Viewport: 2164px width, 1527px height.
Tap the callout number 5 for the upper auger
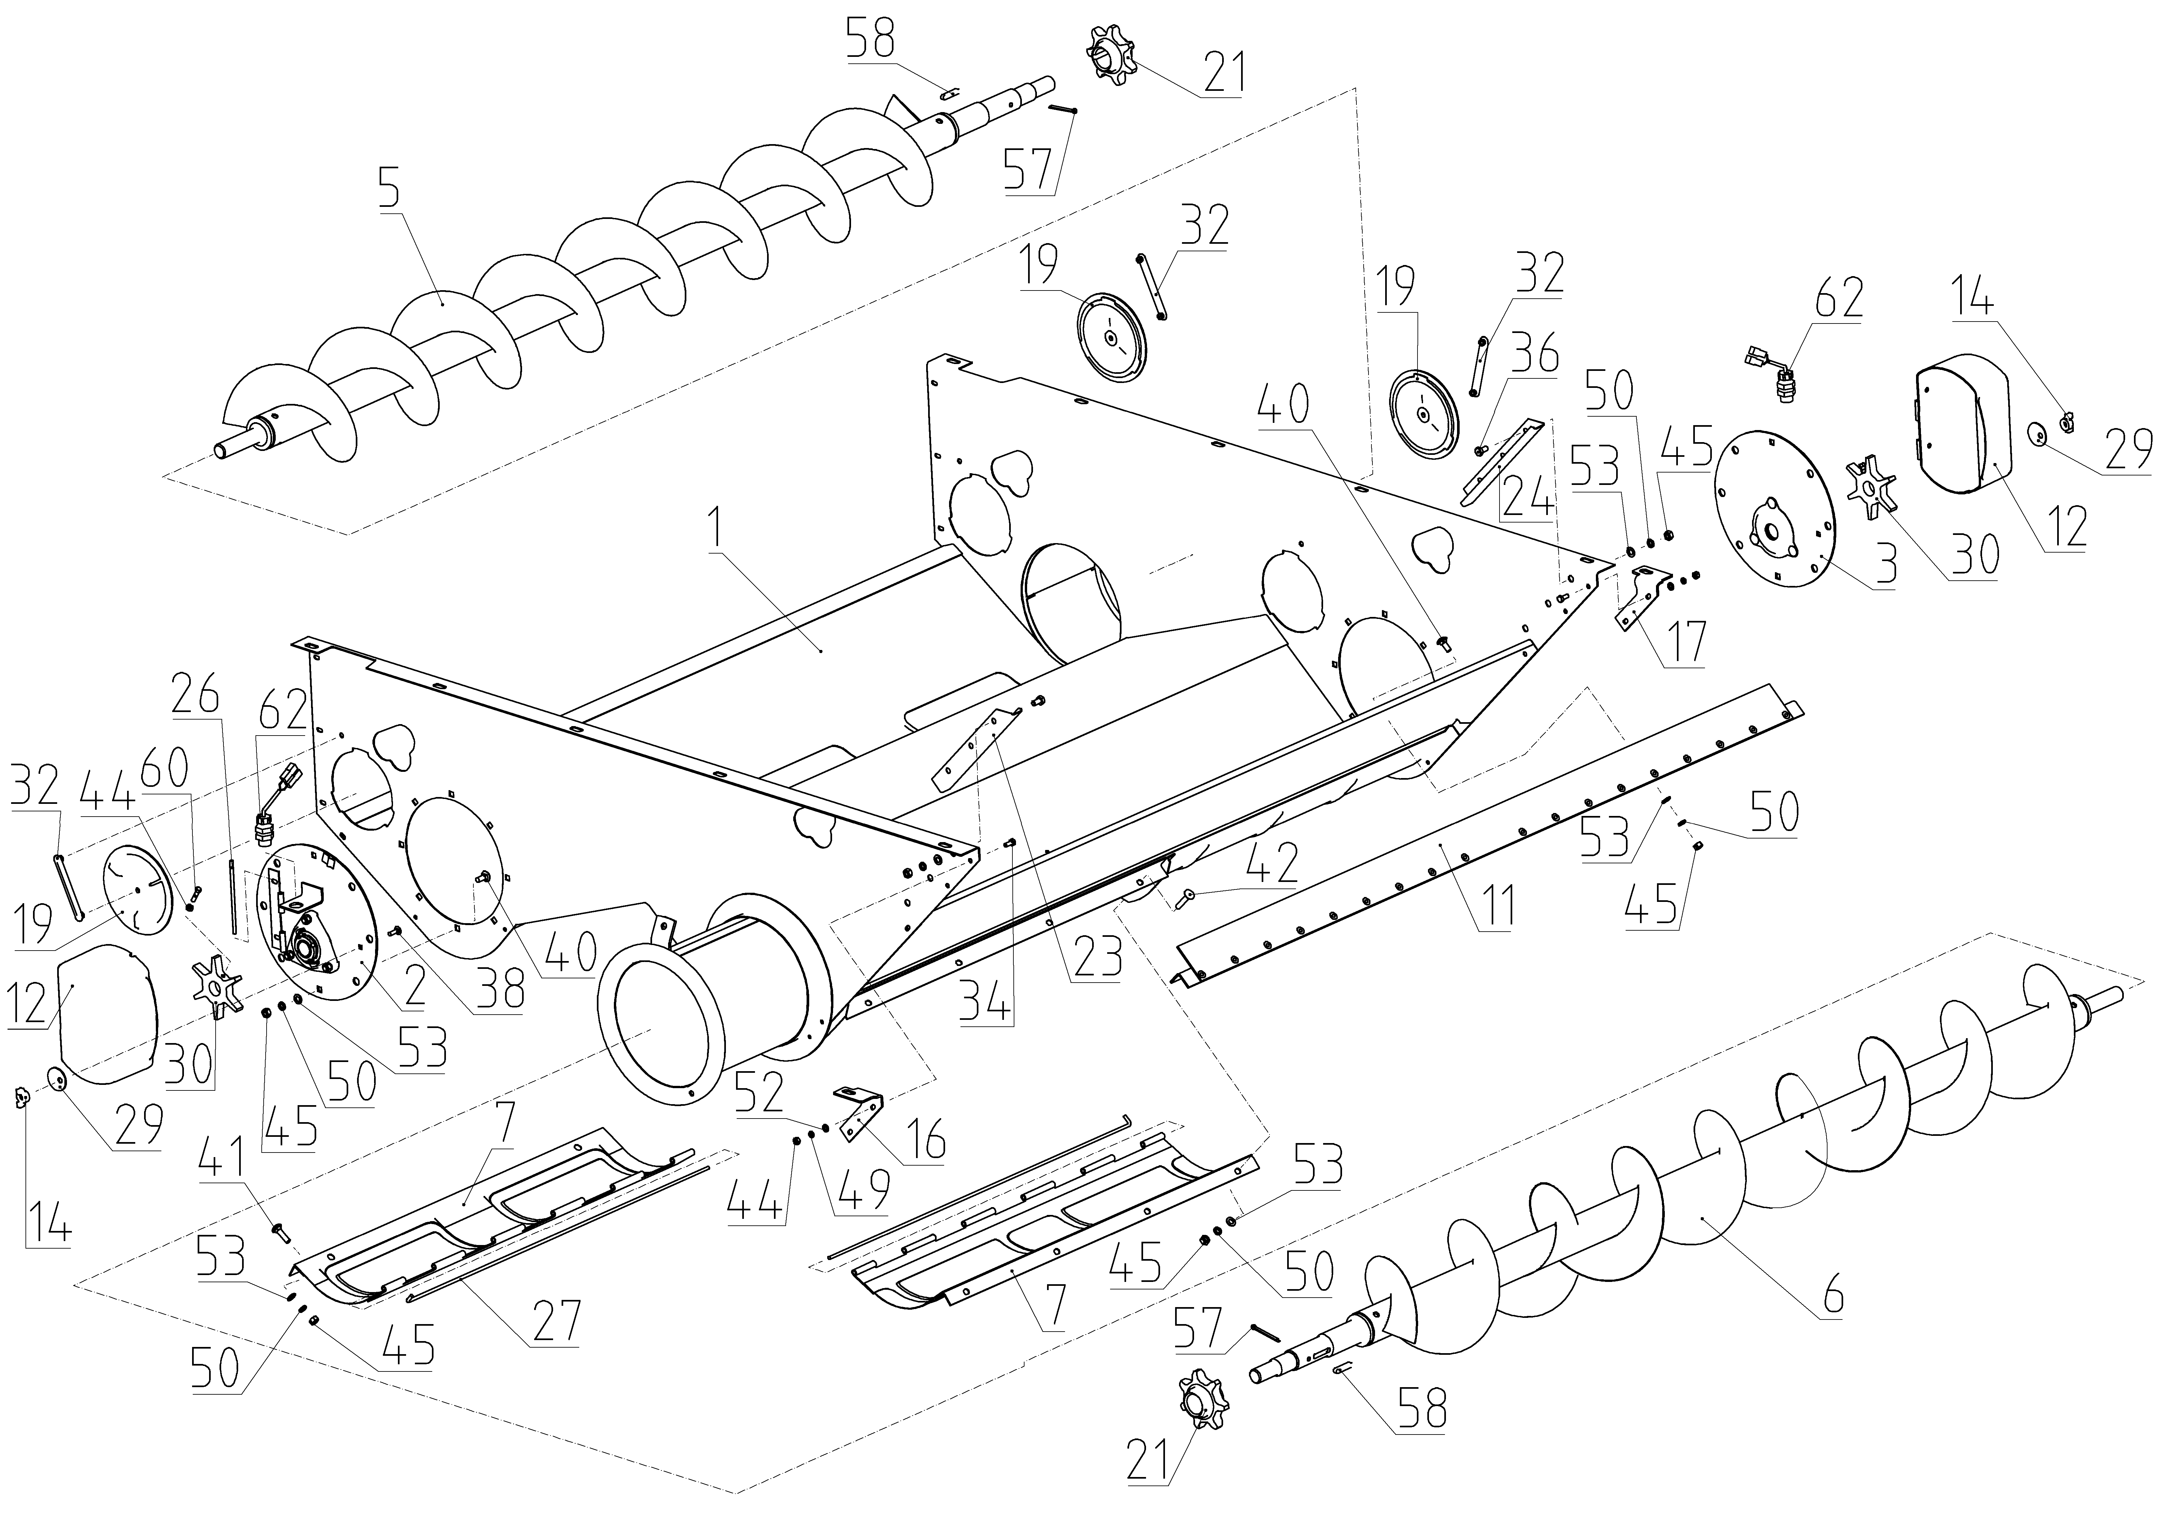coord(389,191)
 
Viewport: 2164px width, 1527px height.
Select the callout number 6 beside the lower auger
coord(1832,1297)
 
